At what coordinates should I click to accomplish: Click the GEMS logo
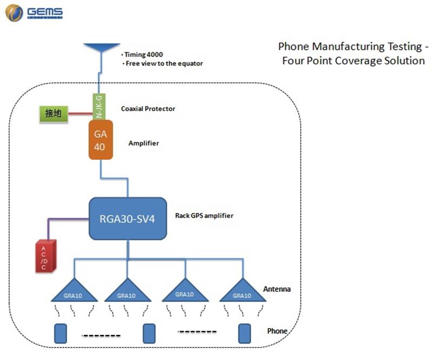coord(34,12)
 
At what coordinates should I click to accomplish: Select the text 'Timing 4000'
coord(144,55)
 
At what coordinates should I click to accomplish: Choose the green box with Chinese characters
coord(53,114)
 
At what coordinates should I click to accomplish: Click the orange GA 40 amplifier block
coord(100,140)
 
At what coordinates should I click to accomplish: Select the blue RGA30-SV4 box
coord(127,219)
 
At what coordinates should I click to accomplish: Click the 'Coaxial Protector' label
coord(148,109)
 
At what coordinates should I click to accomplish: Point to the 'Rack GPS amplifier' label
coord(204,215)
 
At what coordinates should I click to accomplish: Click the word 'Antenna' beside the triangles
coord(277,289)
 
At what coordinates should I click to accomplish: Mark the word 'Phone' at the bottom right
coord(277,331)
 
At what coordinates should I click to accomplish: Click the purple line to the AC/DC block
coord(65,219)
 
